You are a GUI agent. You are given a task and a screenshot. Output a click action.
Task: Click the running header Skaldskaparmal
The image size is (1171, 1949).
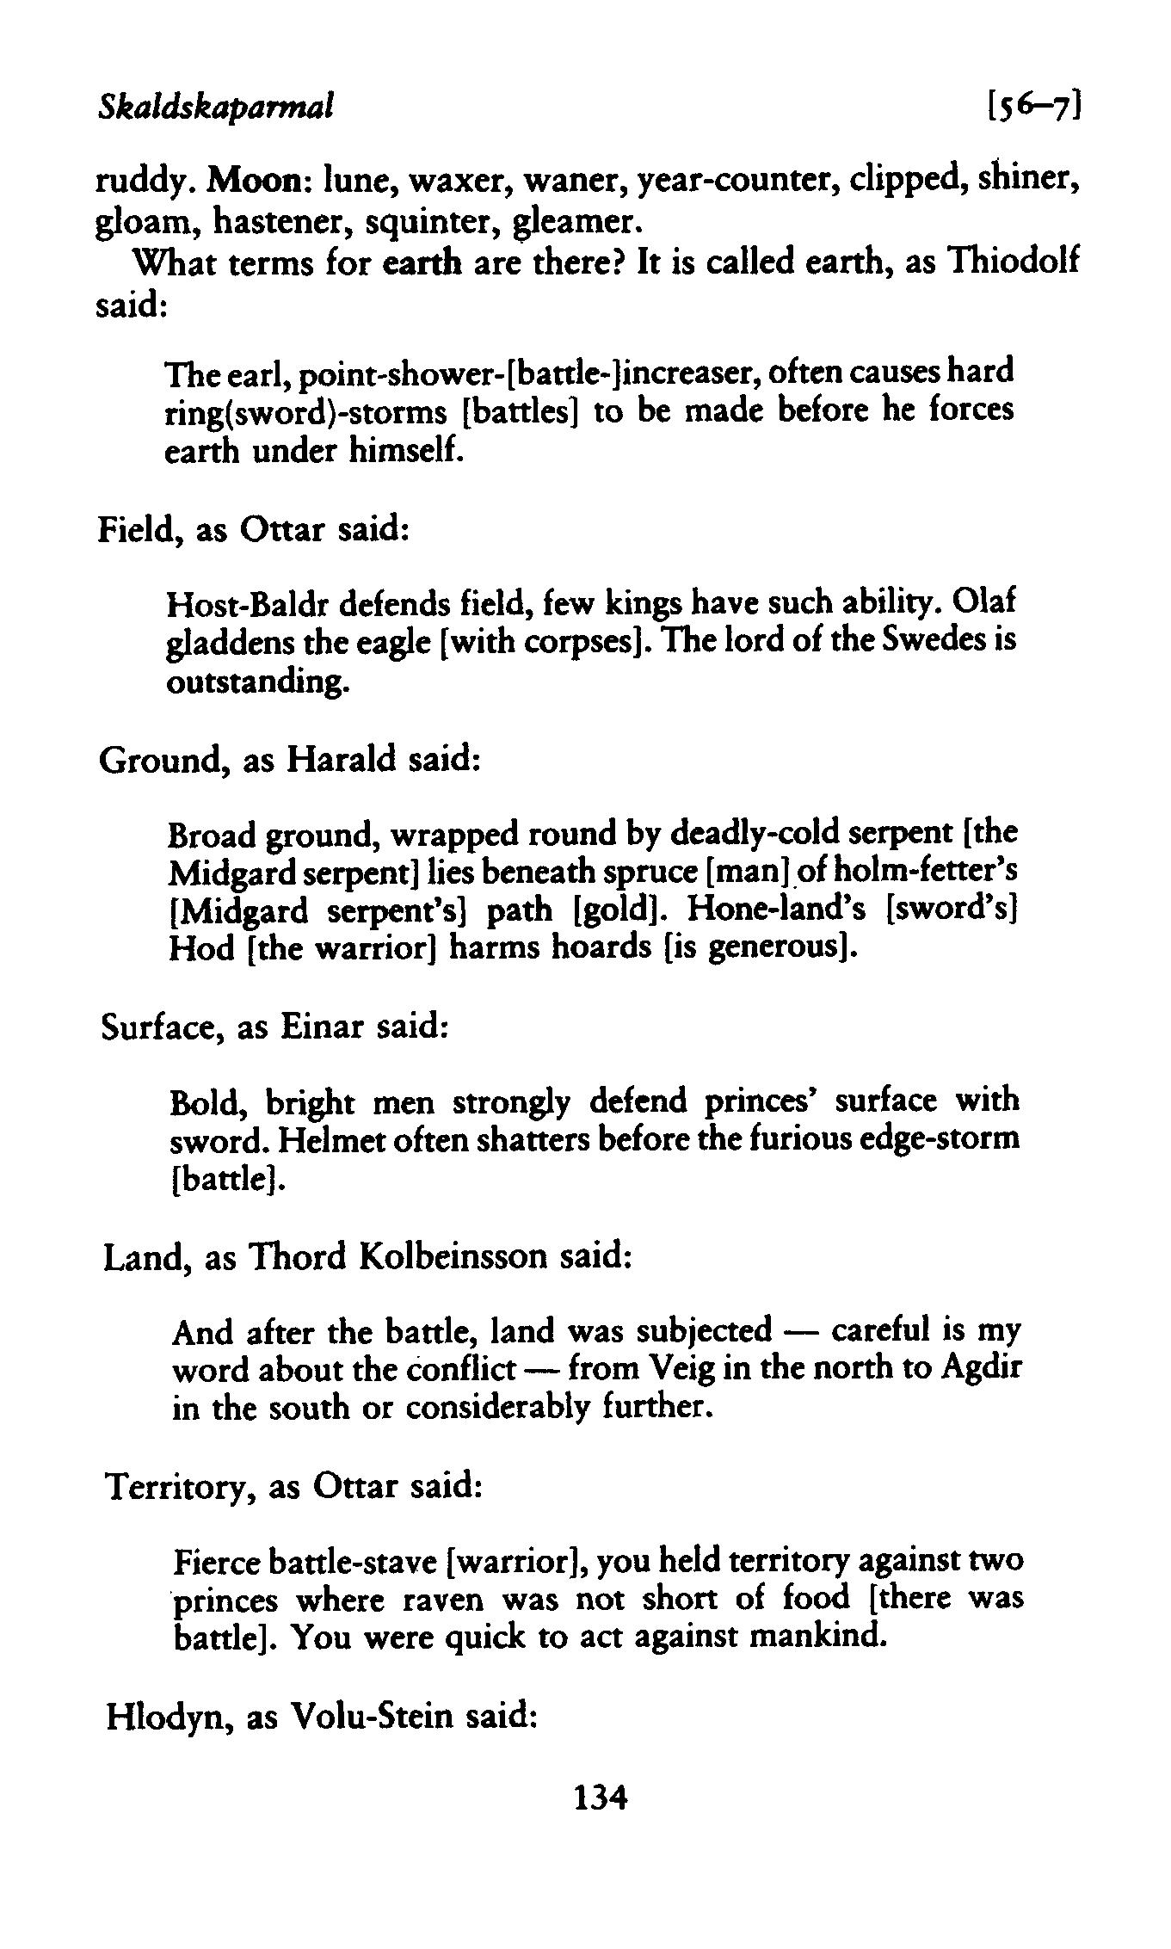[x=215, y=107]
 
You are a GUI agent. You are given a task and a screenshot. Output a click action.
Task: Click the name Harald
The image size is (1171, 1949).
[x=341, y=760]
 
